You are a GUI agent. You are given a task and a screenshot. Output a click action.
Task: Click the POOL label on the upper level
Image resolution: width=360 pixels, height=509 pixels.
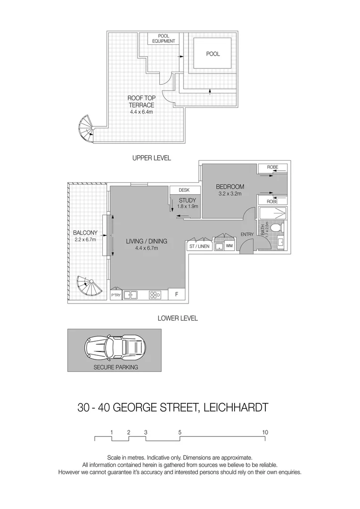click(x=213, y=54)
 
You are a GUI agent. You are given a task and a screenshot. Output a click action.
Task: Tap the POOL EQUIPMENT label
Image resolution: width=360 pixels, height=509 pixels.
click(x=164, y=39)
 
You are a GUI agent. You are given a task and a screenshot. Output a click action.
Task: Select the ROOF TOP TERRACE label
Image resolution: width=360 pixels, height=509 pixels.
click(x=141, y=101)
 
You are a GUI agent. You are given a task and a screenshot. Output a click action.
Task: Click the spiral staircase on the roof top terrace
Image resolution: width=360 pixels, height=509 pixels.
click(x=87, y=128)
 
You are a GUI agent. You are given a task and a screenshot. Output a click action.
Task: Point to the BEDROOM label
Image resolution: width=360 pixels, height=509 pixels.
click(x=230, y=187)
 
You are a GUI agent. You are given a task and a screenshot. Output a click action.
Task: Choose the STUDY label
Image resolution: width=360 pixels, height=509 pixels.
click(x=187, y=200)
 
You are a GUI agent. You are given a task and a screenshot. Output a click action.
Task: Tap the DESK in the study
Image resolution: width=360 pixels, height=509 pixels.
click(x=184, y=190)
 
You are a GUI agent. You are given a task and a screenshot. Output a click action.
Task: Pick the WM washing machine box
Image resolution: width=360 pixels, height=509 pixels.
click(x=229, y=246)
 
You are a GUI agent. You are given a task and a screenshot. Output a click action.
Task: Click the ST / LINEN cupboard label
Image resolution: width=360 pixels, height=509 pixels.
click(x=198, y=246)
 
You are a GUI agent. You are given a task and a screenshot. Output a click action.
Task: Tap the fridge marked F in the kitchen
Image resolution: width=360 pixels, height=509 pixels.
click(x=176, y=295)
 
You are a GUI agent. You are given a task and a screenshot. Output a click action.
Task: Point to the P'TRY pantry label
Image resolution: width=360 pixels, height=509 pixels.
click(x=116, y=296)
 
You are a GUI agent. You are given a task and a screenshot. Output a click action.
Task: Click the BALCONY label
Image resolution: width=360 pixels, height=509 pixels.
click(x=85, y=233)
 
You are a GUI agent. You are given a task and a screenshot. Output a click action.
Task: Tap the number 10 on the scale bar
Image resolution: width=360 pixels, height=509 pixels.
click(x=265, y=432)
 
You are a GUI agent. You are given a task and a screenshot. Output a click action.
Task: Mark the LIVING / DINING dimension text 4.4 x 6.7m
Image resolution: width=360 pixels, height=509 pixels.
click(x=146, y=248)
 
